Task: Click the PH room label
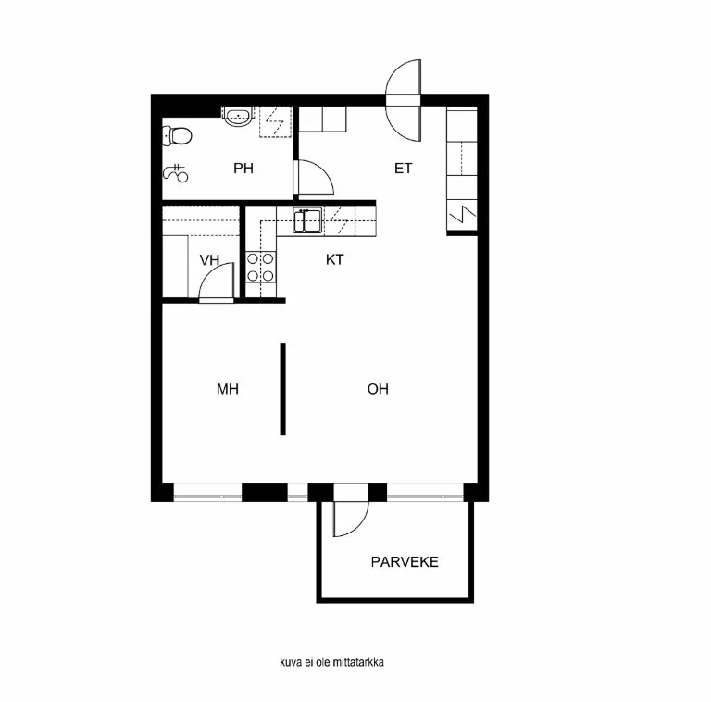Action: pos(243,169)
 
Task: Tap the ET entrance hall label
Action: pos(403,169)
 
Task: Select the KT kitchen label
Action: pos(334,260)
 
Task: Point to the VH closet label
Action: pos(210,260)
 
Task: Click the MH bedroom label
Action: pos(228,390)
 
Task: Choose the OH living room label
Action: pos(378,390)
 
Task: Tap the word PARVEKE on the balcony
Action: pos(405,562)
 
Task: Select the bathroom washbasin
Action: pos(239,116)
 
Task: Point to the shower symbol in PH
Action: pos(175,172)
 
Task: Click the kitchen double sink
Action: pos(307,220)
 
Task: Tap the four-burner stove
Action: pos(260,268)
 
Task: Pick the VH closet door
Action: pos(217,282)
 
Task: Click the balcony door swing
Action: pos(350,515)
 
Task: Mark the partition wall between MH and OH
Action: pos(282,389)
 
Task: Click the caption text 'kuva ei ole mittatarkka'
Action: pos(331,662)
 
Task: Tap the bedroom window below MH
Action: pos(207,493)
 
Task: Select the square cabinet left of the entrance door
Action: pos(322,120)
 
